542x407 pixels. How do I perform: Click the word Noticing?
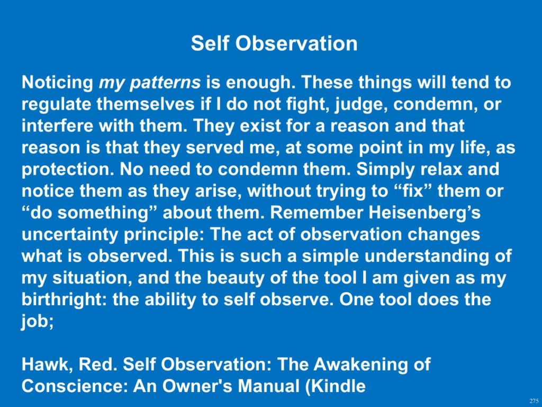pyautogui.click(x=57, y=83)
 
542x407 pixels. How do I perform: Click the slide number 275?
pyautogui.click(x=534, y=401)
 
